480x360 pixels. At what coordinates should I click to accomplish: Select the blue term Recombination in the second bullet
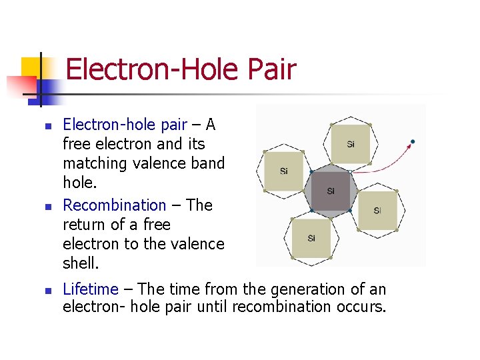point(114,205)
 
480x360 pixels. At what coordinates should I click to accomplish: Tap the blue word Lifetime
point(90,289)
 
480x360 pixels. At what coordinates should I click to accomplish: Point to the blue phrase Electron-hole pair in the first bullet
point(125,125)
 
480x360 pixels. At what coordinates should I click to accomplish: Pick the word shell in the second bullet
point(79,263)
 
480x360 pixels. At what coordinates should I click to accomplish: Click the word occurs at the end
point(361,307)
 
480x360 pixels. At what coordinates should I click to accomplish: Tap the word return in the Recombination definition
point(83,225)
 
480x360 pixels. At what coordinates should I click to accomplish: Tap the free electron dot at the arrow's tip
point(413,141)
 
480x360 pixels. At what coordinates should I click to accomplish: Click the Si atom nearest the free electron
point(351,144)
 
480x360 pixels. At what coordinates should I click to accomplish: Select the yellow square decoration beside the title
point(33,68)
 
